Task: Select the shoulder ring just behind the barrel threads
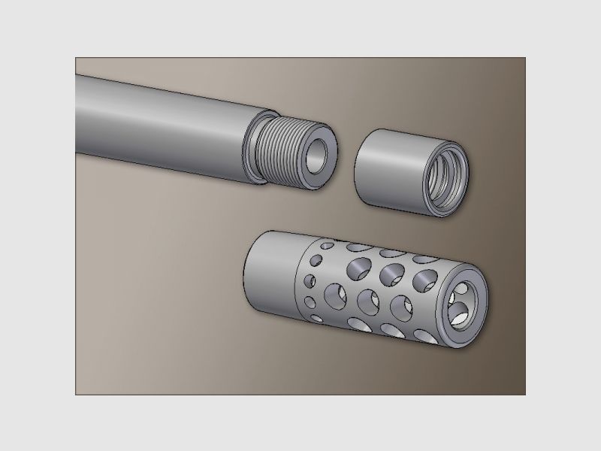click(x=254, y=150)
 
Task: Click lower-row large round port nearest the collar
click(x=334, y=293)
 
